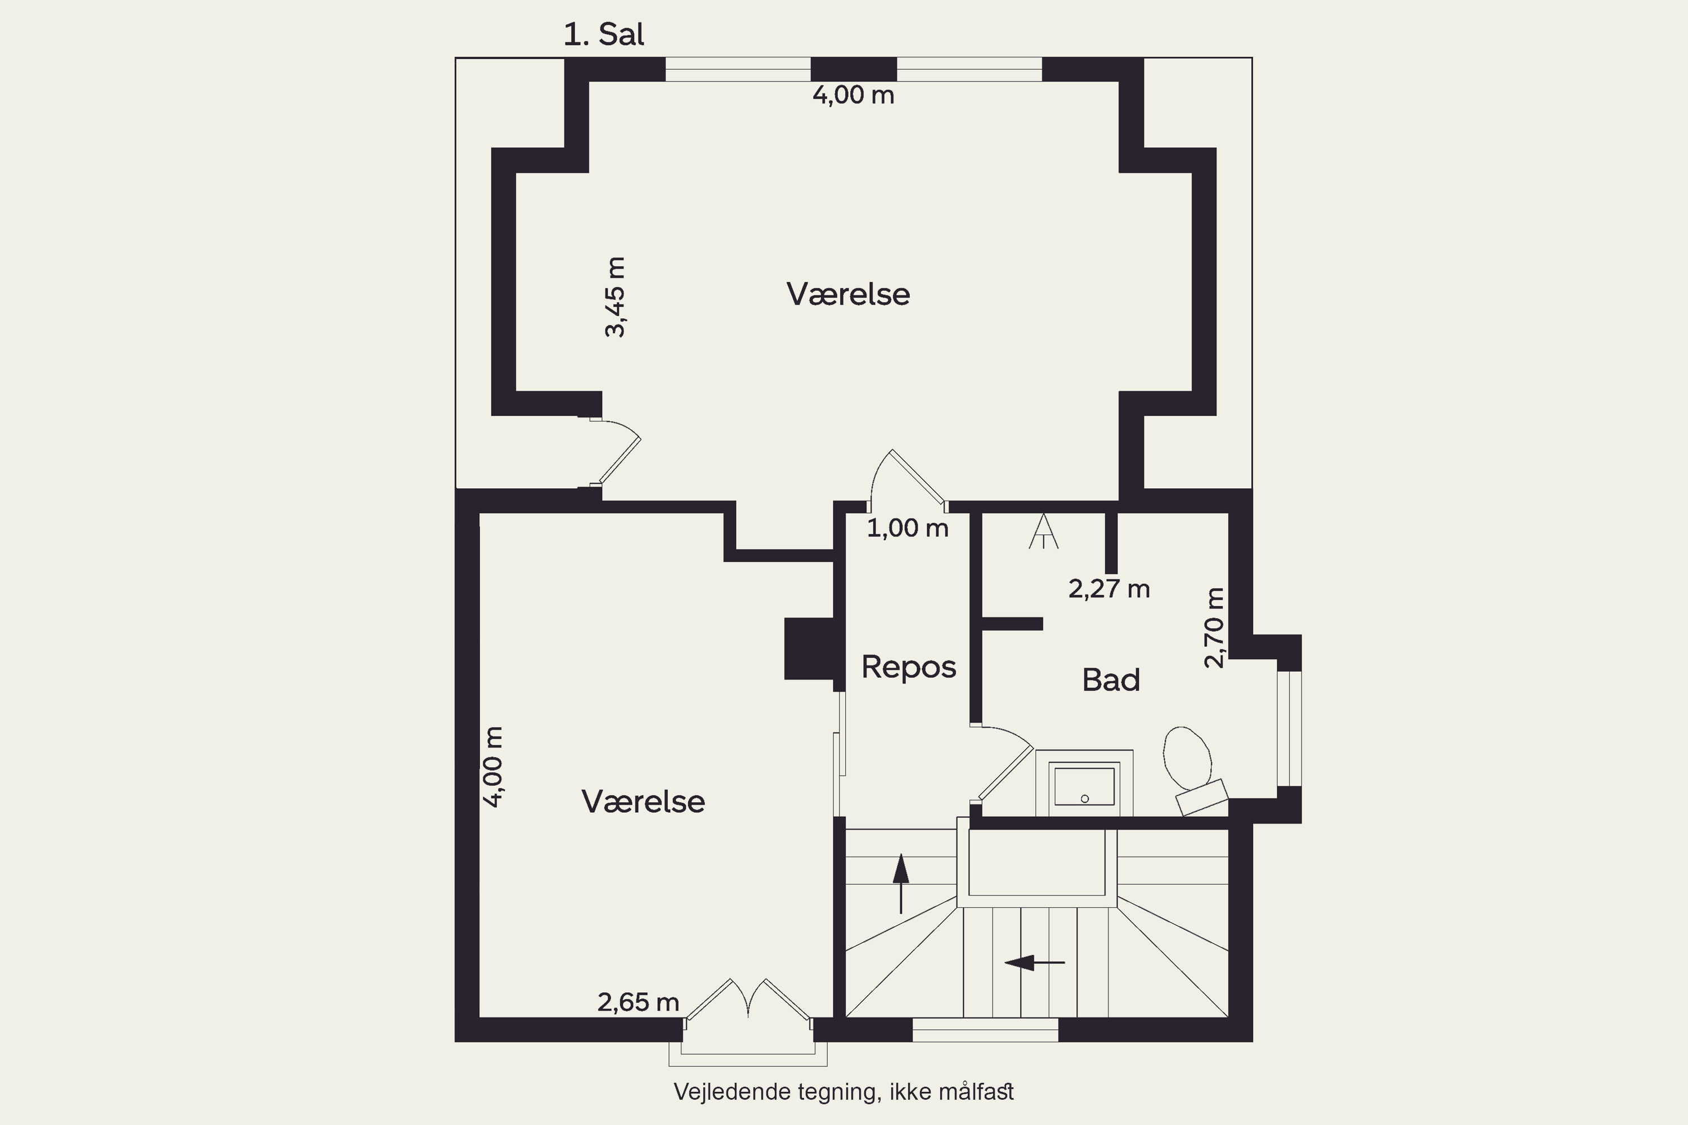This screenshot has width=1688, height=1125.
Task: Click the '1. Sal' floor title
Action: [604, 34]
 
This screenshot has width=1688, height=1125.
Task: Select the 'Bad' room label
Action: [1111, 680]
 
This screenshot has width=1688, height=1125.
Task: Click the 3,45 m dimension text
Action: [616, 296]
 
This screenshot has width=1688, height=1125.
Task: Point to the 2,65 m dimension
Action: [638, 1002]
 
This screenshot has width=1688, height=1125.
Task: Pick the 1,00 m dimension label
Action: [908, 529]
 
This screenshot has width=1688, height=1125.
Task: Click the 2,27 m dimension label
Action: [1109, 589]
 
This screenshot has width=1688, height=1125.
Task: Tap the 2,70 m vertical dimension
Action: [1214, 628]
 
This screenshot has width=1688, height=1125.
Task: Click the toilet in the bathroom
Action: [1193, 771]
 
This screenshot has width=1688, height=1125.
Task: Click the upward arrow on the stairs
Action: [901, 883]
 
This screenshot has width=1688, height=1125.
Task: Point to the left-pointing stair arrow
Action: [1034, 962]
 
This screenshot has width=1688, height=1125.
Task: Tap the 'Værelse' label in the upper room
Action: [849, 295]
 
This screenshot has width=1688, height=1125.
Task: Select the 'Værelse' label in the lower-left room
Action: [643, 802]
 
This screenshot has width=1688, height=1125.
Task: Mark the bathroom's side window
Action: [1290, 729]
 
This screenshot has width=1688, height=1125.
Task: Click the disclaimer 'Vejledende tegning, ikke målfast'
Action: [844, 1092]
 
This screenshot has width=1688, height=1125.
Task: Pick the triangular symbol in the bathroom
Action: [1043, 531]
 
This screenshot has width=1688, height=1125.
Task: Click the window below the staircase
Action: [985, 1029]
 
